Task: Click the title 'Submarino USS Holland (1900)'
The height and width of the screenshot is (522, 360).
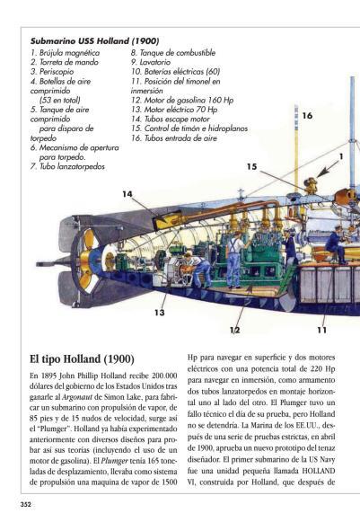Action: (94, 41)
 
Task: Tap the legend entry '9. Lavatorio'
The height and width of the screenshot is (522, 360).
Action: (151, 62)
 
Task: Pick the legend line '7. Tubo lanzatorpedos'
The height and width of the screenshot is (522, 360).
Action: (67, 166)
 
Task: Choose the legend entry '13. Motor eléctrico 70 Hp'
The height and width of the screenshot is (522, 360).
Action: (174, 110)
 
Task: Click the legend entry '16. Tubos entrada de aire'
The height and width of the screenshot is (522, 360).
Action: (173, 138)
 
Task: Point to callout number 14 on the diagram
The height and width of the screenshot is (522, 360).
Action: (127, 194)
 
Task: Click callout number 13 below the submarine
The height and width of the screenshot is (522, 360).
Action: (160, 313)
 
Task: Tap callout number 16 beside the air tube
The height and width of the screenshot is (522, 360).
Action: (307, 116)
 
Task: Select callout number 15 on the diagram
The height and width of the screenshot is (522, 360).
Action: (252, 166)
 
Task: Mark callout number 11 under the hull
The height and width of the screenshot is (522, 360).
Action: (321, 330)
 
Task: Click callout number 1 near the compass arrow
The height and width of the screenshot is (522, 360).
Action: (341, 156)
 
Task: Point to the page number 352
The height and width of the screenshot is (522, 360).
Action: (26, 504)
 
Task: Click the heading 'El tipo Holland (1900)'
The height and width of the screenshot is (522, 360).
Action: (82, 359)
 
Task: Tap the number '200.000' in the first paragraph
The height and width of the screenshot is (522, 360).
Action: (164, 376)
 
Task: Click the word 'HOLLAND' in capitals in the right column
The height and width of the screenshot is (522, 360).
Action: (319, 471)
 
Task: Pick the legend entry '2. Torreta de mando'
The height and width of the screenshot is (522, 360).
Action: (65, 62)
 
